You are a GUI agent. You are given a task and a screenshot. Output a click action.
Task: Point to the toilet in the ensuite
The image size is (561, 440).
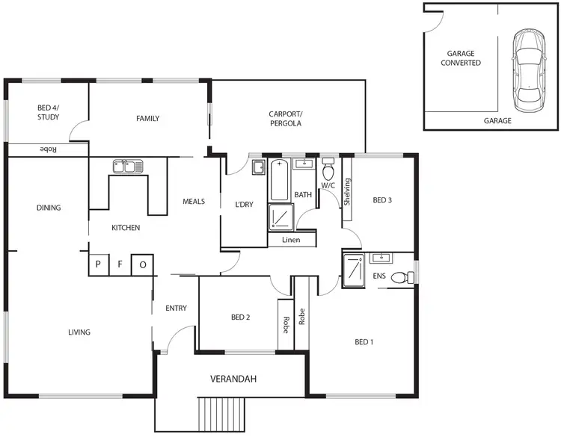402,277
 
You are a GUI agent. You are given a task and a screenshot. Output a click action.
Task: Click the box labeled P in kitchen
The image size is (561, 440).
97,264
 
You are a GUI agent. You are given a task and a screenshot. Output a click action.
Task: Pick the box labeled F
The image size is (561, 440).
119,264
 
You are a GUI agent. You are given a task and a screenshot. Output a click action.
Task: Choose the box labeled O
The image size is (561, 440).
142,264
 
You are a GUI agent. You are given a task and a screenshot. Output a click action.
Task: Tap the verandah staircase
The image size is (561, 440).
222,414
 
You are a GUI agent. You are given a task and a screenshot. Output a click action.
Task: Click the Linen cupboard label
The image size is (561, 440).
292,240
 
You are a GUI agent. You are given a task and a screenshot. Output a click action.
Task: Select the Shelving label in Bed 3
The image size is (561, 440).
347,193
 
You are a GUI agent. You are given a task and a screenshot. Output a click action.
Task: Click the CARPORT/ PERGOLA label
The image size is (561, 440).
285,119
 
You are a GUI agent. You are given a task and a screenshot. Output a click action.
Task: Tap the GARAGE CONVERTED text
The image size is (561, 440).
464,59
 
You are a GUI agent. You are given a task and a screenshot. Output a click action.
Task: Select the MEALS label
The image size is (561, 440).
194,201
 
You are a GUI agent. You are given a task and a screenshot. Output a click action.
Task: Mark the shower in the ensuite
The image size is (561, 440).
352,270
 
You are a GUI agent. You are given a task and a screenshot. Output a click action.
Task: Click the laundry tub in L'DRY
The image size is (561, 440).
259,167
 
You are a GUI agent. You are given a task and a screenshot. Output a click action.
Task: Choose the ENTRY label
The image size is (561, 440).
176,308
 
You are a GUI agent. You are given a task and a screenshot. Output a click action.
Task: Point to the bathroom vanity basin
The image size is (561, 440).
304,164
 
